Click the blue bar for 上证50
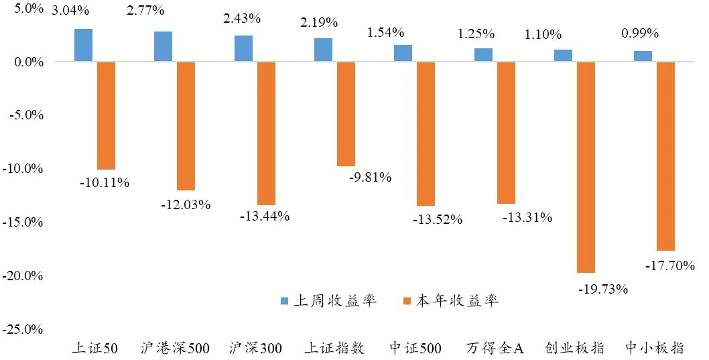pyautogui.click(x=83, y=46)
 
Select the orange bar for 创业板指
pyautogui.click(x=586, y=167)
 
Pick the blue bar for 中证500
pyautogui.click(x=403, y=54)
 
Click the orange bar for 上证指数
pyautogui.click(x=346, y=114)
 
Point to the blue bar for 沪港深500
pyautogui.click(x=163, y=47)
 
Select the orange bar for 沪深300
pyautogui.click(x=266, y=133)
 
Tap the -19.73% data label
pyautogui.click(x=602, y=289)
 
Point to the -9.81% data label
pyautogui.click(x=371, y=178)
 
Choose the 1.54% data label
pyautogui.click(x=386, y=32)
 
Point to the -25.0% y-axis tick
pyautogui.click(x=24, y=330)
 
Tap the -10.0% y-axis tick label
pyautogui.click(x=24, y=169)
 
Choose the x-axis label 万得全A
pyautogui.click(x=495, y=348)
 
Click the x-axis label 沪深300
pyautogui.click(x=255, y=348)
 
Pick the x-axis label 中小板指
pyautogui.click(x=654, y=348)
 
